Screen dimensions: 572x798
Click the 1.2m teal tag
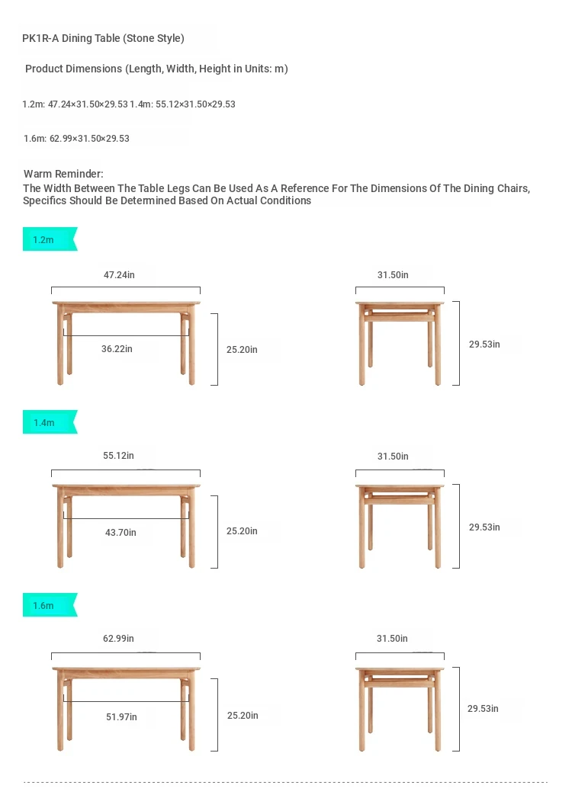pos(50,239)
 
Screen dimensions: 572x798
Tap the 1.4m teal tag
pos(50,422)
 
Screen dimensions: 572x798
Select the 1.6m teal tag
pos(50,604)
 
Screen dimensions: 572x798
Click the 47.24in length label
pos(119,275)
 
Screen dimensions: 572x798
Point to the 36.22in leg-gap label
pos(117,348)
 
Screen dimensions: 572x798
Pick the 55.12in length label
pos(118,456)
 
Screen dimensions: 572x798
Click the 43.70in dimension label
pos(121,532)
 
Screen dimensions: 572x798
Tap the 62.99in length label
pos(118,638)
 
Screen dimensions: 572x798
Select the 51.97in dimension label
pos(121,716)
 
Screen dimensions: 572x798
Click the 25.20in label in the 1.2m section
pos(242,350)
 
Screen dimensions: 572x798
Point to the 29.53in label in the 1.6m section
pos(483,708)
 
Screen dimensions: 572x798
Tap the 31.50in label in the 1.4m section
pos(393,457)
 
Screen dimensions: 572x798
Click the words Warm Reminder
pos(63,174)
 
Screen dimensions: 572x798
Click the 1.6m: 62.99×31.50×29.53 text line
pos(76,139)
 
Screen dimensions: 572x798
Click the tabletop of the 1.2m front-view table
pos(127,303)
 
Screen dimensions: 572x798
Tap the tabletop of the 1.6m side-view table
pos(400,669)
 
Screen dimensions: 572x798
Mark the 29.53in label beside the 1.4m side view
pos(484,527)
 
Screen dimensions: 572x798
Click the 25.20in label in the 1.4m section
pos(242,530)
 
